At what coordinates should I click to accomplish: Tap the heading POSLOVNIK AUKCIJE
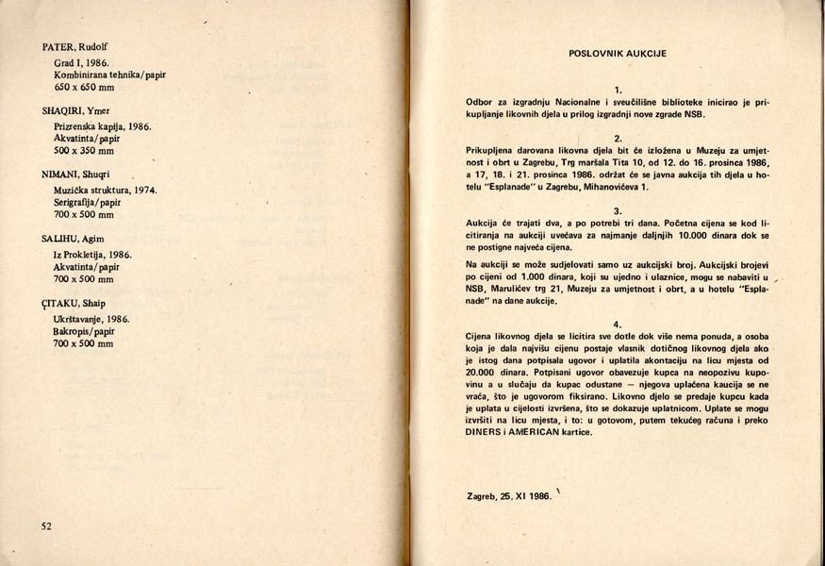618,54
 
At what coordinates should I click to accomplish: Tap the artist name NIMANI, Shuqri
78,175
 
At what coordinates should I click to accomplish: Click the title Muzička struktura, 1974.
105,190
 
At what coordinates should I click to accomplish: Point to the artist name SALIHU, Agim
74,240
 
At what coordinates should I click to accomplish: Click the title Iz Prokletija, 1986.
92,255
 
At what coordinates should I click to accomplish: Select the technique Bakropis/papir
85,331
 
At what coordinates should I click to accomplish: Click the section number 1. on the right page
618,89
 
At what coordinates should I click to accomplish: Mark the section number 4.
618,324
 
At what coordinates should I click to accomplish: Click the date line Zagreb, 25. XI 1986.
508,496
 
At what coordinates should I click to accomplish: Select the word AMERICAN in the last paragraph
547,433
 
